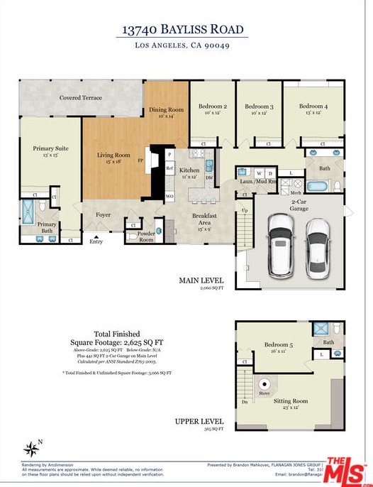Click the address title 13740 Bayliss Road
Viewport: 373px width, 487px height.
click(184, 30)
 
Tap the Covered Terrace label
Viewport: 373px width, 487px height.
click(80, 97)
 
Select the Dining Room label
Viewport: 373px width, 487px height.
click(167, 110)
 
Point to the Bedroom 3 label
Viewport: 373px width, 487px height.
click(259, 106)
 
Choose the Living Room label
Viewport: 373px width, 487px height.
click(113, 155)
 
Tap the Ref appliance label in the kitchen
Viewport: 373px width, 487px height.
click(170, 168)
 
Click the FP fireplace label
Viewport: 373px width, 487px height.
click(140, 161)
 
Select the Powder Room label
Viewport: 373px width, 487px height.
click(145, 236)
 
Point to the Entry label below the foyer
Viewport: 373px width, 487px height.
click(96, 241)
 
